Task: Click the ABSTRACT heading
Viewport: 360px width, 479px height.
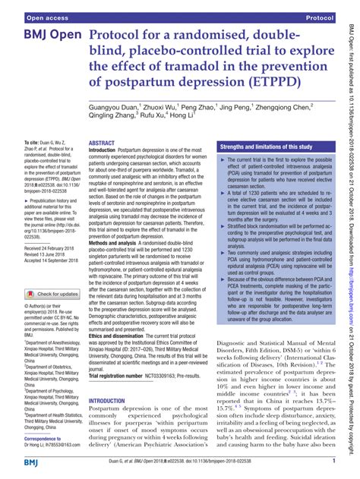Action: tap(102, 143)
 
